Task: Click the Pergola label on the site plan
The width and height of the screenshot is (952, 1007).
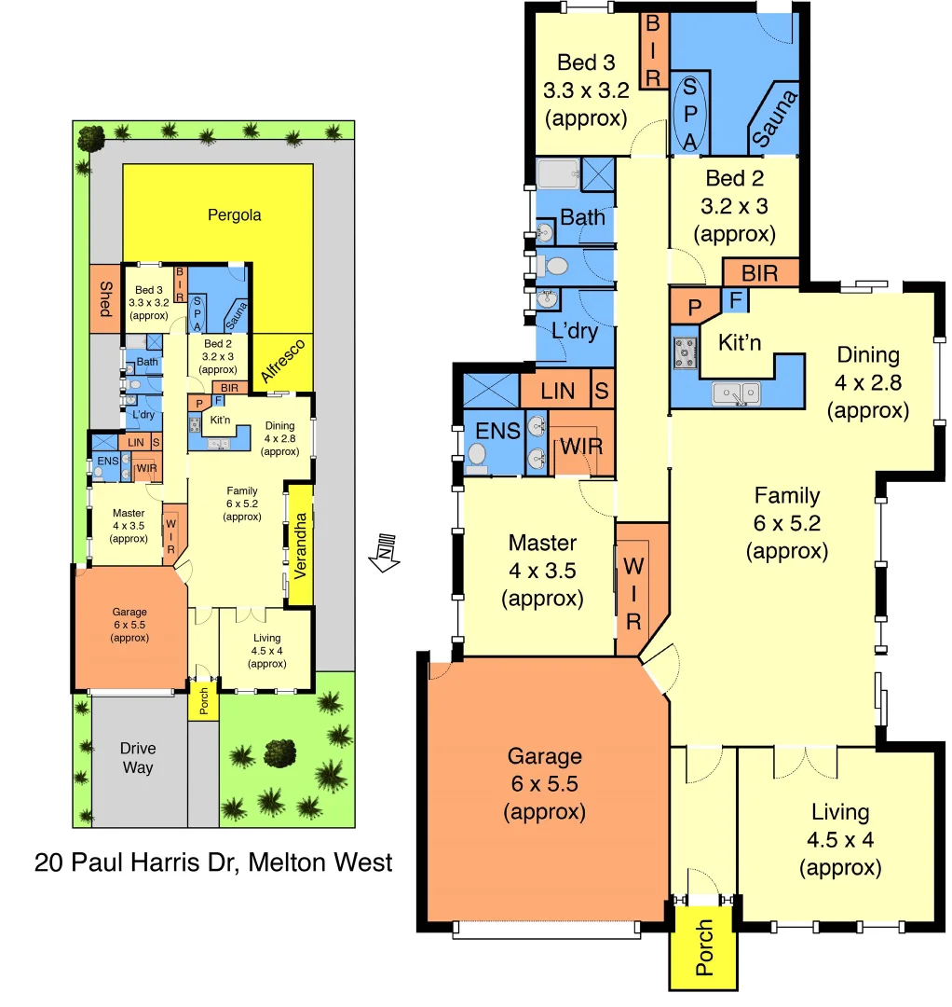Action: tap(234, 215)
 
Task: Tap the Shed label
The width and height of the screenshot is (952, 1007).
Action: tap(106, 299)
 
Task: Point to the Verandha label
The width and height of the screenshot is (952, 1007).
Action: tap(300, 545)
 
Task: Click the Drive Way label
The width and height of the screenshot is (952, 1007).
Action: tap(137, 758)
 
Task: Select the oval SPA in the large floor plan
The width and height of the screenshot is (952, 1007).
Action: tap(690, 114)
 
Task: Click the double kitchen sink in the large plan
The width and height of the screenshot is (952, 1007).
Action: tap(736, 394)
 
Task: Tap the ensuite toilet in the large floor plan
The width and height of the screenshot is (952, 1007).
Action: tap(477, 455)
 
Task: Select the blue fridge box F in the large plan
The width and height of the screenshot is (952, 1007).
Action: tap(736, 300)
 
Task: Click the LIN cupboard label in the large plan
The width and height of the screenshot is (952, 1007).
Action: tap(557, 393)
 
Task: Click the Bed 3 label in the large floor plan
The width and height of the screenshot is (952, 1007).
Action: tap(586, 62)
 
